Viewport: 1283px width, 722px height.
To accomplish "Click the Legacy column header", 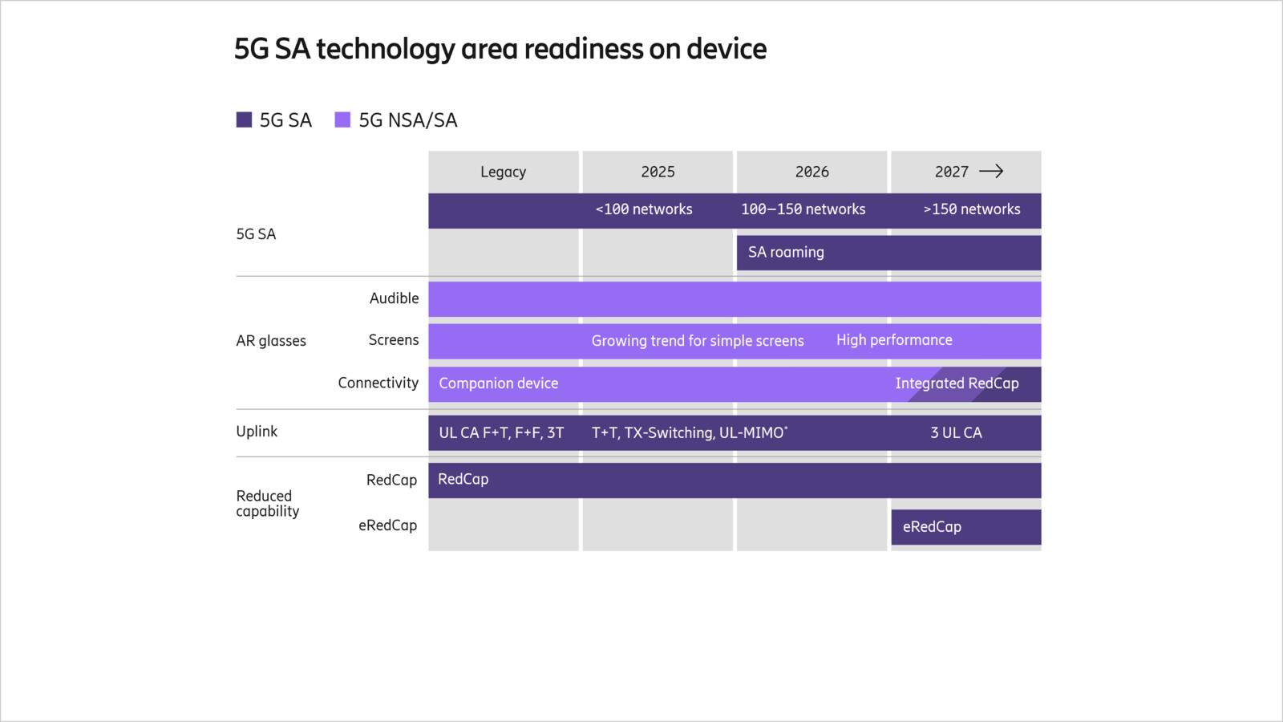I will click(503, 172).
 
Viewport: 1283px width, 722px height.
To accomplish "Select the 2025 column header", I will click(658, 172).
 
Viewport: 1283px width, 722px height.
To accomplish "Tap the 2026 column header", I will click(811, 172).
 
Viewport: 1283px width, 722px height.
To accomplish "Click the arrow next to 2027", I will click(991, 171).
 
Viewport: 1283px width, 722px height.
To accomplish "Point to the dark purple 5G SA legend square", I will click(245, 120).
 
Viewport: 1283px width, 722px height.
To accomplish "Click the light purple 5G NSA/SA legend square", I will click(342, 120).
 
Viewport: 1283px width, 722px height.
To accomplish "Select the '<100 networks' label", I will click(644, 209).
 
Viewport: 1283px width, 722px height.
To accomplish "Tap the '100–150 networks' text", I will click(803, 209).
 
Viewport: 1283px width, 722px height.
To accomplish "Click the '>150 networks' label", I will click(972, 209).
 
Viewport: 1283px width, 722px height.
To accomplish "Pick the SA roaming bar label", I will click(786, 252).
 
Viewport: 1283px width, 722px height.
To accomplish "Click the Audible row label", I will click(394, 298).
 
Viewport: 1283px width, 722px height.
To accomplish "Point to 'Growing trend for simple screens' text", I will click(698, 341).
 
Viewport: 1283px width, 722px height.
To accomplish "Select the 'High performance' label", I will click(894, 340).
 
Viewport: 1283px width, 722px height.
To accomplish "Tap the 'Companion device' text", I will click(498, 383).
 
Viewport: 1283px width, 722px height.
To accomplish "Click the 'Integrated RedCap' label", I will click(957, 383).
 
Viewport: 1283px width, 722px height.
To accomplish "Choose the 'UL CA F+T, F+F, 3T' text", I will click(501, 433).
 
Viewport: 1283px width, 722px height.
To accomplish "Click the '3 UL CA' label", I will click(956, 433).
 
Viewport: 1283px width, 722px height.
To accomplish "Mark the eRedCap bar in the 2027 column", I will click(965, 527).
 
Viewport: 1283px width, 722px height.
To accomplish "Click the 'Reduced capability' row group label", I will click(267, 504).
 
